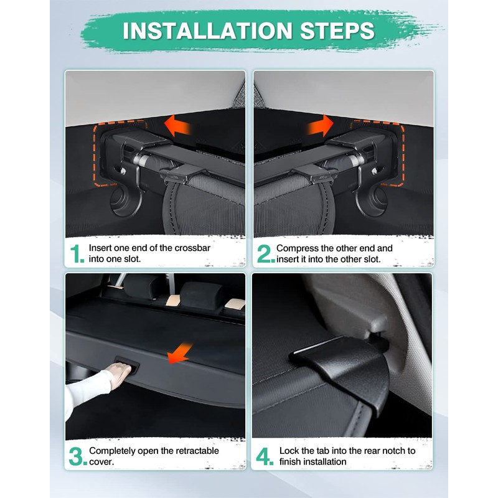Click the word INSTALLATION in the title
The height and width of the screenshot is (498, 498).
coord(207,31)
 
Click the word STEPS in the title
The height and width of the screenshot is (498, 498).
coord(337,31)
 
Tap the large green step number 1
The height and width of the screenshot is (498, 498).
coord(77,254)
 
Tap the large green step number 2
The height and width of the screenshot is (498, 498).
coord(266,254)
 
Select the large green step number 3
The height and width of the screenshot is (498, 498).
coord(78,456)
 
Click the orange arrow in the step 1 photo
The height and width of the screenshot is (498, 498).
coord(178,126)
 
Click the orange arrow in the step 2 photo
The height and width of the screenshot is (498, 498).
coord(320,126)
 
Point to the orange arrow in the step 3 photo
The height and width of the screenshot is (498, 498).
coord(181,353)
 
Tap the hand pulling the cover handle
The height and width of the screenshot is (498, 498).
coord(118,375)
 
